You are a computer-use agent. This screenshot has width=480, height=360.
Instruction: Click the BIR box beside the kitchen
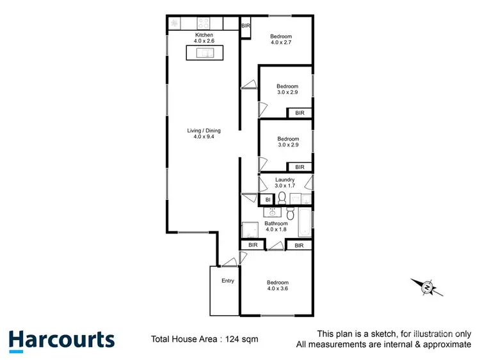246,26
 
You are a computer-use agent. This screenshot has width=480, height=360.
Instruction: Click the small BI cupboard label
268,200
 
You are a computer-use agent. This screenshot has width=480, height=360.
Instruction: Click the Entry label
228,281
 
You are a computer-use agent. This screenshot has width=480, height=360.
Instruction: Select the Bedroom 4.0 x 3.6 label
277,285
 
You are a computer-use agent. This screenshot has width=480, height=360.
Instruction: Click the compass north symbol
426,287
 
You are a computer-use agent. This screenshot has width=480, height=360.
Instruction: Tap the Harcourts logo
61,340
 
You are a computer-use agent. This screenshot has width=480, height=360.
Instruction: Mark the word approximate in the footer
442,345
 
